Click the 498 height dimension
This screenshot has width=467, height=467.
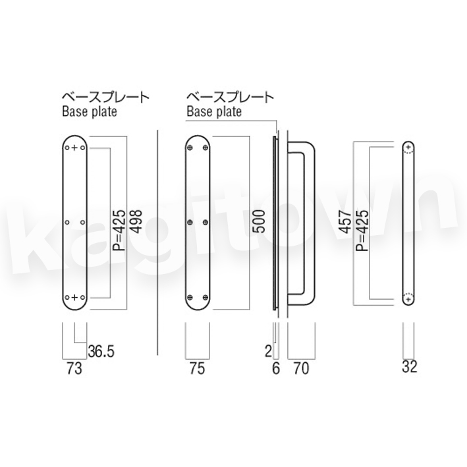tap(137, 222)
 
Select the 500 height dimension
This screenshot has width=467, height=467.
tap(259, 221)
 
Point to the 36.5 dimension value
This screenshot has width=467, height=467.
tap(101, 352)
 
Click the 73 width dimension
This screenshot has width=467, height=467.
tap(74, 368)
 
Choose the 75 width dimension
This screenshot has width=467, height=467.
tap(197, 368)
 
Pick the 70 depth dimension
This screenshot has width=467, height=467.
tap(301, 368)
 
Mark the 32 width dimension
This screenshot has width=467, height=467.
tap(410, 367)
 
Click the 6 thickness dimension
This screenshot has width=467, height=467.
tap(276, 368)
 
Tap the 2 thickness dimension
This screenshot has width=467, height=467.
tap(268, 352)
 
